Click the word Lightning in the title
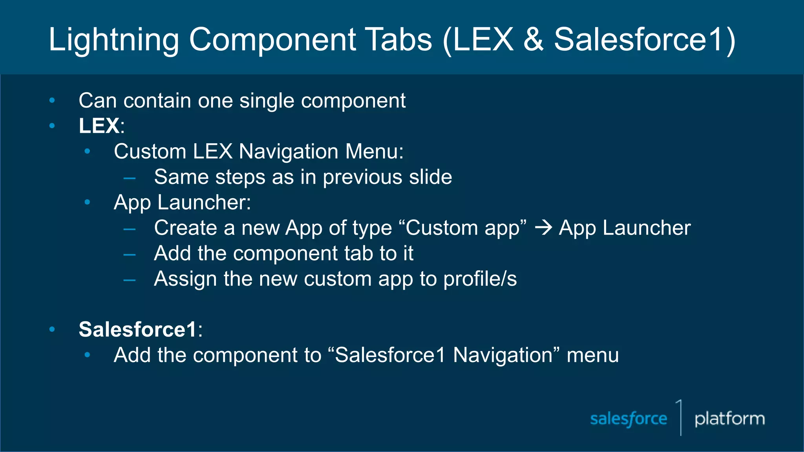click(x=114, y=40)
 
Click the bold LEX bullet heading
click(x=99, y=126)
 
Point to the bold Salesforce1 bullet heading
click(x=137, y=329)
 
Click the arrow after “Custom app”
click(x=544, y=228)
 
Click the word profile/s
click(x=480, y=279)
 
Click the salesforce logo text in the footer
click(x=629, y=419)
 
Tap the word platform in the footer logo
click(x=729, y=419)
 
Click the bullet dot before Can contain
click(x=52, y=101)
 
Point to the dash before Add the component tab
click(x=130, y=255)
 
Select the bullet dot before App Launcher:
click(x=88, y=202)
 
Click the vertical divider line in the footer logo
click(x=681, y=418)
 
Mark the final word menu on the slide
click(x=592, y=355)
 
